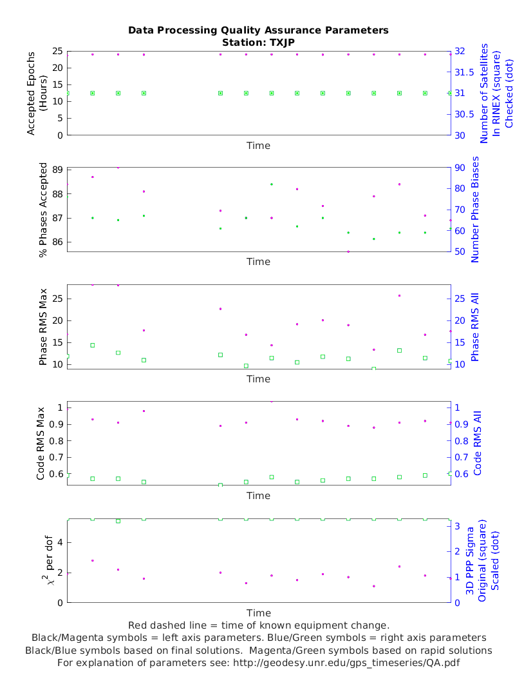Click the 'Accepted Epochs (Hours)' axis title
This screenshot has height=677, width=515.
pos(37,93)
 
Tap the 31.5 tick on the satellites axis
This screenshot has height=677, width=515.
pos(465,72)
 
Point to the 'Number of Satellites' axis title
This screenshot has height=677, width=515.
pos(485,93)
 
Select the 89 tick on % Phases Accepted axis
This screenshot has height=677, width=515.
pos(57,170)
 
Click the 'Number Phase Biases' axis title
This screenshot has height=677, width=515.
pos(476,210)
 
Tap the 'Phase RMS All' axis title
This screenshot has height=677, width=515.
pos(476,327)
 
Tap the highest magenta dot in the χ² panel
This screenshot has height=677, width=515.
pos(93,560)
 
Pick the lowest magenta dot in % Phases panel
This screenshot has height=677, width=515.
pos(348,251)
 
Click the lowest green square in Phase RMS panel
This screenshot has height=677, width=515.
pos(374,369)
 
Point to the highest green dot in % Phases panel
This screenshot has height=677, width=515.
pos(272,184)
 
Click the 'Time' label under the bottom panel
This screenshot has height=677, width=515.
pos(259,613)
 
